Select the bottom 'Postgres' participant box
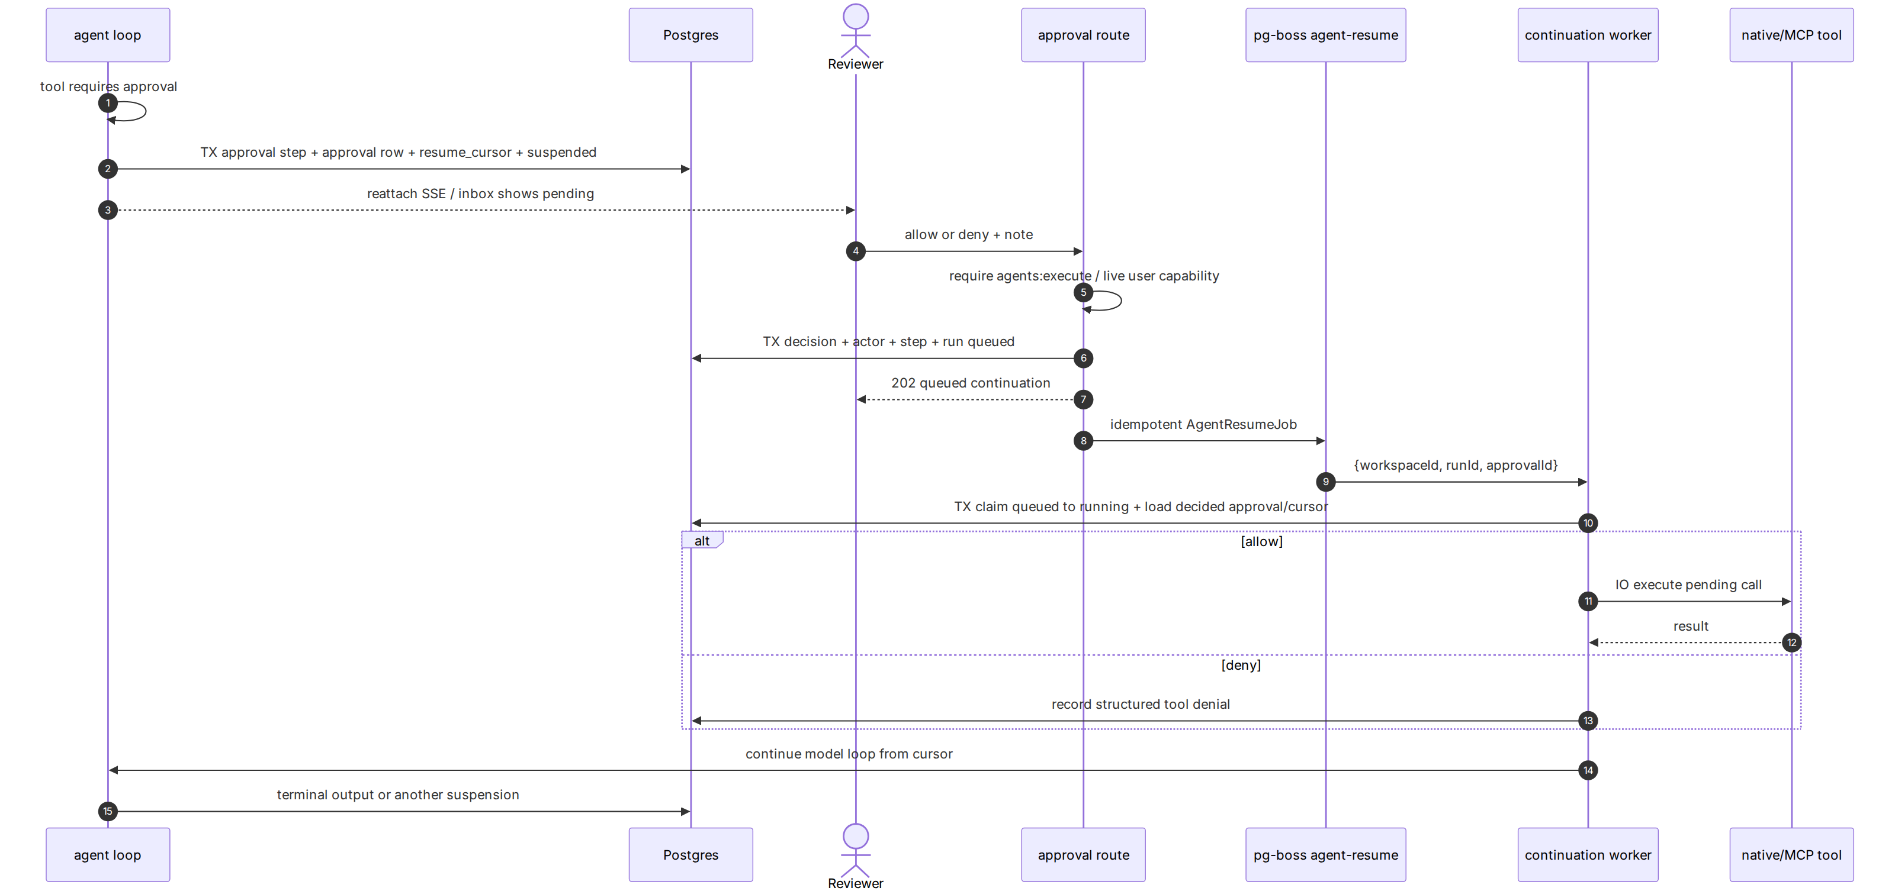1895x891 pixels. point(690,854)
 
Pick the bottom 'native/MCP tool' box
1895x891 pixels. point(1791,854)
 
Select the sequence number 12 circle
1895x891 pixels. point(1791,643)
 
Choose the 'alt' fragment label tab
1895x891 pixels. point(702,540)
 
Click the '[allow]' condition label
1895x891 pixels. point(1261,542)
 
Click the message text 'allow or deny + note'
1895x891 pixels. point(969,234)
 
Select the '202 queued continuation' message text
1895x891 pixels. point(971,383)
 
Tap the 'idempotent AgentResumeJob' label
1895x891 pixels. point(1203,424)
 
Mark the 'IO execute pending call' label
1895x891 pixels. point(1688,585)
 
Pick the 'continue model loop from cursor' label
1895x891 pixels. point(849,754)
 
